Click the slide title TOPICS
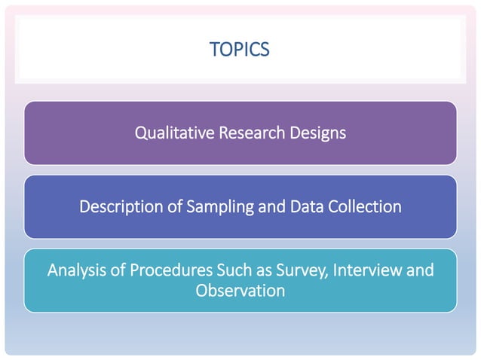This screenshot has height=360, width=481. click(x=240, y=50)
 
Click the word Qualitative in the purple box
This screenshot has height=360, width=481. click(x=169, y=133)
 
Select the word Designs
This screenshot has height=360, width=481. click(x=317, y=134)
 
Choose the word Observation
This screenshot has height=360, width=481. click(x=240, y=289)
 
